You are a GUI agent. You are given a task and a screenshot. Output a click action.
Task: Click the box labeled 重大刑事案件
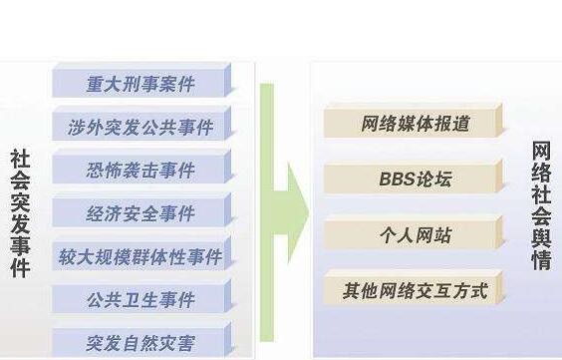pos(140,82)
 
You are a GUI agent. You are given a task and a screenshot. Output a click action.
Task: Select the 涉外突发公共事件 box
pos(140,126)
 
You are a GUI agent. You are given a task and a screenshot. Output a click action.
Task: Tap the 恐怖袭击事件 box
pos(140,170)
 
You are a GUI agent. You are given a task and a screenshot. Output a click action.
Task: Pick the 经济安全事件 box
pos(140,213)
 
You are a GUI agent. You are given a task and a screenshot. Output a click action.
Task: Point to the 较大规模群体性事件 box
pos(140,256)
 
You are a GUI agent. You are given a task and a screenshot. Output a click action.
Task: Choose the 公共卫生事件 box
pos(140,299)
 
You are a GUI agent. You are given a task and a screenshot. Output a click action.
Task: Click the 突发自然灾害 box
pos(140,342)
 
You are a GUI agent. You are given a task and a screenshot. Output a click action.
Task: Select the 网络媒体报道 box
pos(415,124)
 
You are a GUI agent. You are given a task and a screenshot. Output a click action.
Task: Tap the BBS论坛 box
pos(415,180)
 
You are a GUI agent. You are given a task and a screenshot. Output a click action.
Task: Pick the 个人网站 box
pos(415,235)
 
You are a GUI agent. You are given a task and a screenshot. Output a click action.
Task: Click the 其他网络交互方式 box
pos(415,290)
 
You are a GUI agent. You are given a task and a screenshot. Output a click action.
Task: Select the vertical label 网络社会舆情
pos(541,203)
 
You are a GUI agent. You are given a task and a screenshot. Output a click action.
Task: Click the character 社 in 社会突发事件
pos(21,159)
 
